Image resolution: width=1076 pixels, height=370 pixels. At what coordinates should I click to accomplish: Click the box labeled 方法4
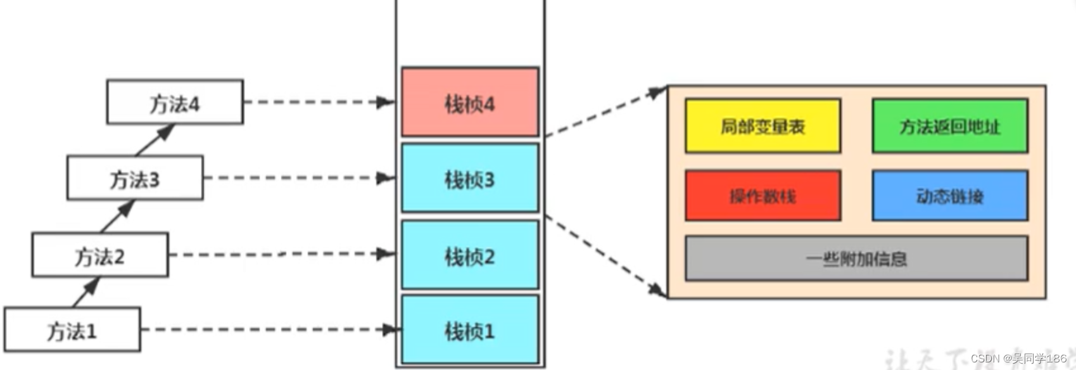(x=175, y=102)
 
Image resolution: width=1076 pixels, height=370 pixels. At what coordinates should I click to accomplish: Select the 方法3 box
(x=135, y=178)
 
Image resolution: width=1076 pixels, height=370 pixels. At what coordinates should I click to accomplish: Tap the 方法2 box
(x=100, y=255)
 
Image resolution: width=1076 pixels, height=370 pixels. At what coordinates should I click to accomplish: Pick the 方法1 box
(x=72, y=329)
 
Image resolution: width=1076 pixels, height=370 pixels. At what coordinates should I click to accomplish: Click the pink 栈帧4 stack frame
(x=470, y=102)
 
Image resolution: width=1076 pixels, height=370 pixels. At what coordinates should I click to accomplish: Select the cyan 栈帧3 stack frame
(x=470, y=178)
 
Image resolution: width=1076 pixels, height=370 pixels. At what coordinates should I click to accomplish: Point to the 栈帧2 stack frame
(x=470, y=255)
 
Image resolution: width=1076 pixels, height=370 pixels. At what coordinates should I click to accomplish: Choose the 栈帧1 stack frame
(x=470, y=329)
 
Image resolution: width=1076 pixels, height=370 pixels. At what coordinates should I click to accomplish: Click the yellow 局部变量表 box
(x=763, y=125)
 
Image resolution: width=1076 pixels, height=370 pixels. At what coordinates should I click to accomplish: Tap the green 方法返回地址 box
(x=949, y=125)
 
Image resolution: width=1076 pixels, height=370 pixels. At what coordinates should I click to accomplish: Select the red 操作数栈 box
(x=763, y=195)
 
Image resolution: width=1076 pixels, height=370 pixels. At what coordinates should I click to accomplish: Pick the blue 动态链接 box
(x=949, y=195)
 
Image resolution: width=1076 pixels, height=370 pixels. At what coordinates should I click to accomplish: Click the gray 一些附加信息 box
(x=856, y=258)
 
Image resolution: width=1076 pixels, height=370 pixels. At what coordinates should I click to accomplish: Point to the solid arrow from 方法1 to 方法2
(x=86, y=292)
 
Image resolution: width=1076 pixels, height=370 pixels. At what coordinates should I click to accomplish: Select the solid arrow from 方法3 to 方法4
(x=155, y=139)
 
